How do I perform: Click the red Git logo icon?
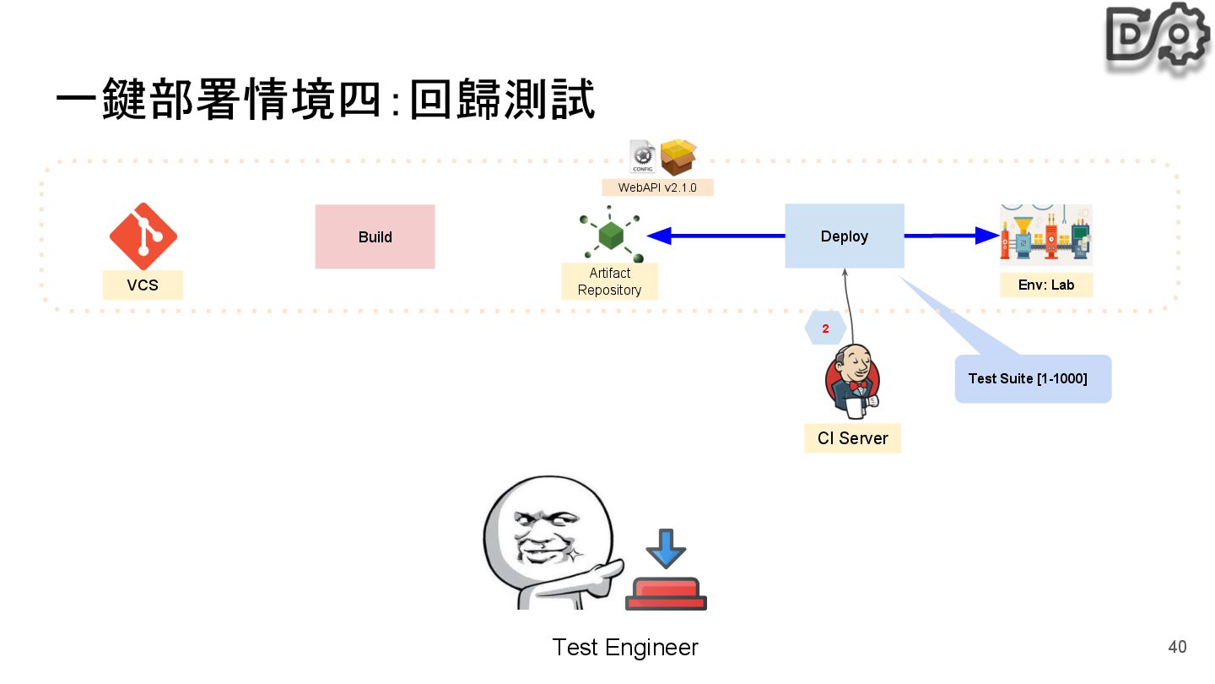tap(143, 236)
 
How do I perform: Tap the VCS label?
tap(143, 285)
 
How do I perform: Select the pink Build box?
tap(375, 236)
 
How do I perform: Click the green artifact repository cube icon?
tap(611, 235)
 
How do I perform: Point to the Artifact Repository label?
tap(609, 281)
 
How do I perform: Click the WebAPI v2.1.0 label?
tap(657, 187)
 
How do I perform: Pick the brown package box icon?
tap(678, 157)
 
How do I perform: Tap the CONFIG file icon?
tap(643, 156)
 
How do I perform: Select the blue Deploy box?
tap(844, 236)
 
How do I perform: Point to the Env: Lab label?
tap(1045, 285)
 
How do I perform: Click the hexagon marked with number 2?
tap(825, 328)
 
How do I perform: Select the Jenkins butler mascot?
tap(852, 382)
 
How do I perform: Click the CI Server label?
tap(852, 438)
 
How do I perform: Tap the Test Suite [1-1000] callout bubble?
tap(1032, 379)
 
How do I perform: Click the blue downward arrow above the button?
tap(666, 548)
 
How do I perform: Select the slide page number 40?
tap(1177, 647)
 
